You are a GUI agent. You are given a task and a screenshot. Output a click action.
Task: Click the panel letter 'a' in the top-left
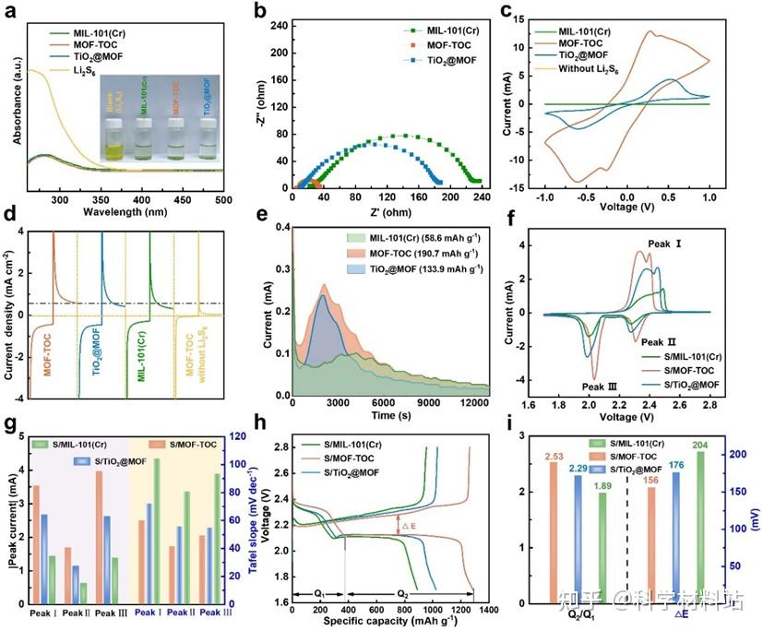tap(12, 13)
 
